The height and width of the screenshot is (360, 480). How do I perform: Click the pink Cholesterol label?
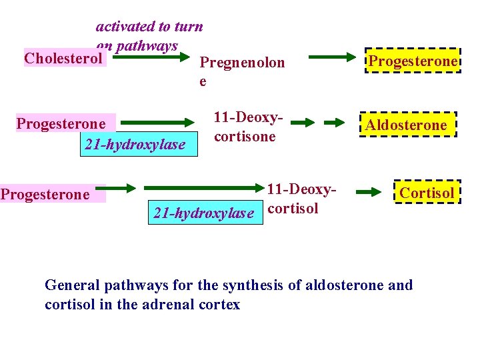coord(64,58)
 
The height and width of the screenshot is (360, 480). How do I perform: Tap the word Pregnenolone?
coord(242,63)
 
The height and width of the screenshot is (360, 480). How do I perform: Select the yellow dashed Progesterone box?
coord(413,61)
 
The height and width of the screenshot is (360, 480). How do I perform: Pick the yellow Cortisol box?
coord(427,193)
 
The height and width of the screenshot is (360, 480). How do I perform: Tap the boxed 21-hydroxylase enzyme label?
coord(139,144)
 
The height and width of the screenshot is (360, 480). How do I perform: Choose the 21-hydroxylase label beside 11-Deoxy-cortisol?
coord(203,213)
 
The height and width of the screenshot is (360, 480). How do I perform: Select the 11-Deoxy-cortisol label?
coord(300,199)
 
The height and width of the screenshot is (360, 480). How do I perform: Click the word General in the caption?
coord(71,286)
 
